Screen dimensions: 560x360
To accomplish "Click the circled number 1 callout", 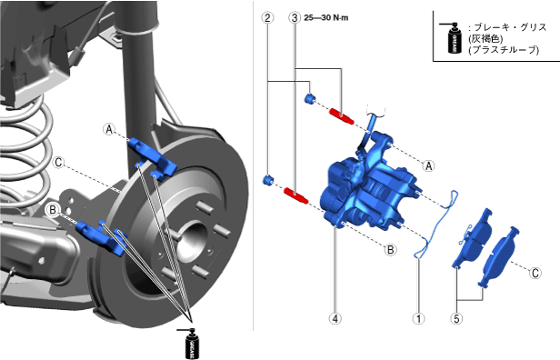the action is (418, 318).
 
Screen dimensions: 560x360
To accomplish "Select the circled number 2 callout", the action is (267, 17).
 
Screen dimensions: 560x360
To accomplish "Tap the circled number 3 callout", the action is (295, 17).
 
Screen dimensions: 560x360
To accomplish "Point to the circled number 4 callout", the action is (335, 318).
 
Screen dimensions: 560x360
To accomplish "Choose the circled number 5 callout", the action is (456, 318).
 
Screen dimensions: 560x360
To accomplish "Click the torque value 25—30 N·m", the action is (326, 17).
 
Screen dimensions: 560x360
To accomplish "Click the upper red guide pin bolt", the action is (342, 116).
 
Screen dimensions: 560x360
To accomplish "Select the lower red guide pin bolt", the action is (295, 195).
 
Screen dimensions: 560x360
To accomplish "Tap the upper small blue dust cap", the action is (309, 98).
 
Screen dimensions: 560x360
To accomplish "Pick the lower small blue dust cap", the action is (268, 180).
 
